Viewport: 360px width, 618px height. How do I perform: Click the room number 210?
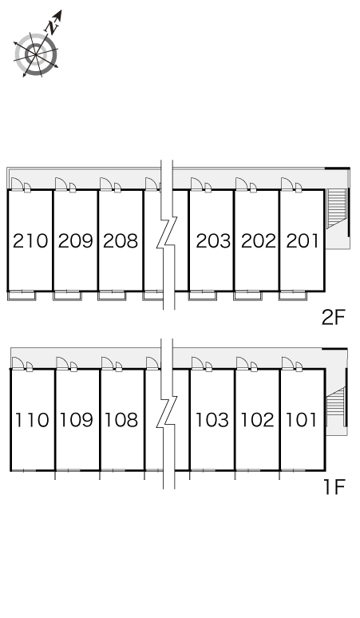pos(30,241)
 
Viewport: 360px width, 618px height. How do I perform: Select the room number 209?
pos(76,241)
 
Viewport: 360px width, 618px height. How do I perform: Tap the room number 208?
pos(121,241)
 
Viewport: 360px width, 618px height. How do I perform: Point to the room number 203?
pos(213,241)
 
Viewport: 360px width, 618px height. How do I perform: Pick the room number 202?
pos(259,241)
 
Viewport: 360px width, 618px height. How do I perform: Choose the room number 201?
pos(302,241)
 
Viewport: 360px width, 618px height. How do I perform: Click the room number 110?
pos(32,420)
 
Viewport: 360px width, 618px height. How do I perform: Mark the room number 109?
pos(77,420)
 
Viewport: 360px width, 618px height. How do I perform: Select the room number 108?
pos(121,420)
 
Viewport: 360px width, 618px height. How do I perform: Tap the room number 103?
pos(212,420)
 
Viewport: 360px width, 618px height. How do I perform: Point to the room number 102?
pos(257,420)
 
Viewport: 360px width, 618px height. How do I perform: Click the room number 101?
pos(301,420)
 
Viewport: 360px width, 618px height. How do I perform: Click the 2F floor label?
pos(333,317)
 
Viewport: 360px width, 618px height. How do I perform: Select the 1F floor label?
pos(334,487)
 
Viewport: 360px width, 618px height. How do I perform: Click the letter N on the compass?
pos(53,26)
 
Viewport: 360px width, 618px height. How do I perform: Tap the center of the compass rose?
pos(36,55)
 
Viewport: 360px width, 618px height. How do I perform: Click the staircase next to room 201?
pos(337,208)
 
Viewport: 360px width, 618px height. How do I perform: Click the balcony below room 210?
pos(22,295)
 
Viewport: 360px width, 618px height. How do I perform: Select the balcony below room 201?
pos(293,295)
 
